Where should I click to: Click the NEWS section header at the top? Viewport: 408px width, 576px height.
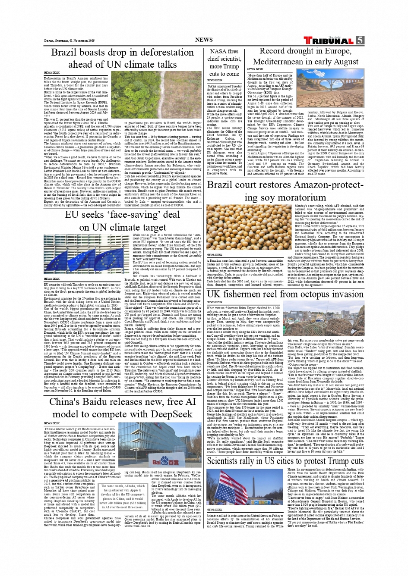204,40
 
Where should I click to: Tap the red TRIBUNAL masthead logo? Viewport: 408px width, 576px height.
329,41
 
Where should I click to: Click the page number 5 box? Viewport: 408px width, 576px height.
360,40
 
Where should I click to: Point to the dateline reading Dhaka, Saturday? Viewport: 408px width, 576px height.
67,40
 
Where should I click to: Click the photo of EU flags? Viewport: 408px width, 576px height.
86,254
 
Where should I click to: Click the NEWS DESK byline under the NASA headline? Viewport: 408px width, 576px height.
215,80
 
